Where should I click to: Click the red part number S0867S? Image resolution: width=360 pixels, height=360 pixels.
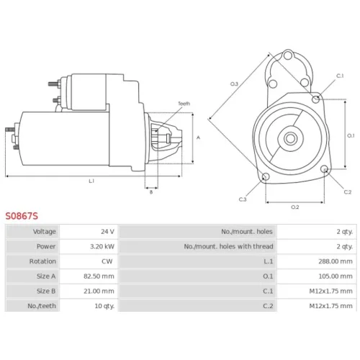tap(22, 216)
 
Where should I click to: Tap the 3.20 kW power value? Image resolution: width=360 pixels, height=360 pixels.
tap(102, 246)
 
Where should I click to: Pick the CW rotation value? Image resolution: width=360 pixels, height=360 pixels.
tap(107, 261)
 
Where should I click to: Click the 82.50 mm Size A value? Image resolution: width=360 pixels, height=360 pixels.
tap(99, 276)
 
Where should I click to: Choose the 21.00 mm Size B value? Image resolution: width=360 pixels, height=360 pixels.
tap(99, 291)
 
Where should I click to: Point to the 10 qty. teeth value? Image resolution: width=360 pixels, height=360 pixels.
tap(104, 306)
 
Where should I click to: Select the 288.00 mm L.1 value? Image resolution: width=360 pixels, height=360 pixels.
tap(336, 261)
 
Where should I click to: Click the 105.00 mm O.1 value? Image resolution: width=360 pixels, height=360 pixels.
tap(336, 276)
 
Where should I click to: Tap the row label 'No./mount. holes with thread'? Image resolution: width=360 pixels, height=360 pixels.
tap(228, 246)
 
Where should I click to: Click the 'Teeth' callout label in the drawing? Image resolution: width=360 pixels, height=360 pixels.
tap(184, 104)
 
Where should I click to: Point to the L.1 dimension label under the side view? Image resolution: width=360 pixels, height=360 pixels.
tap(91, 181)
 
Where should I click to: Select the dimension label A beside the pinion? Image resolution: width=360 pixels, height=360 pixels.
tap(198, 138)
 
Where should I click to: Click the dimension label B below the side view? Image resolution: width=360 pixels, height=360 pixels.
tap(151, 192)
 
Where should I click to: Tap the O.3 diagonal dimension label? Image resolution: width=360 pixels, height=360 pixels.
tap(234, 84)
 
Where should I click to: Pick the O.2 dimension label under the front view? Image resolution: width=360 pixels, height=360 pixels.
tap(295, 207)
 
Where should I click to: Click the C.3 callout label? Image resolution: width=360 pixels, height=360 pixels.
tap(243, 199)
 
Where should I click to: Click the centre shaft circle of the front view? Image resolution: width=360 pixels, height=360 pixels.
tap(290, 138)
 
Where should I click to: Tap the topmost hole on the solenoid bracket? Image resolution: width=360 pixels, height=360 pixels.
tap(288, 55)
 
